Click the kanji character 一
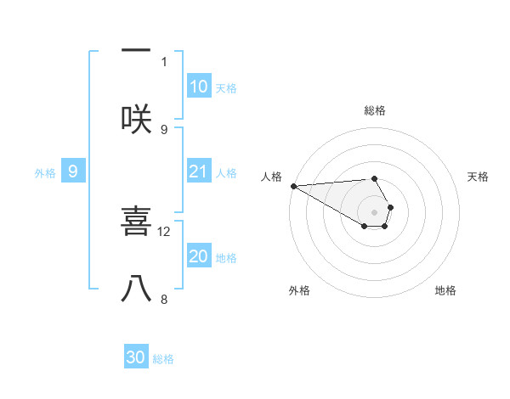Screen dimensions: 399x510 point(136,51)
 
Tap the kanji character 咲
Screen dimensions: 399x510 point(136,118)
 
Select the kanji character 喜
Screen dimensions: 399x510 point(136,223)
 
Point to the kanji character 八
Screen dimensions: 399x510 point(136,289)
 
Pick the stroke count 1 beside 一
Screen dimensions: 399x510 point(164,61)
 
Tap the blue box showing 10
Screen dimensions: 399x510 point(199,87)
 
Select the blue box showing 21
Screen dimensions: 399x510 point(199,172)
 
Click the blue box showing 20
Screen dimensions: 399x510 point(199,257)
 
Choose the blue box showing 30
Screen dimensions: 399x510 point(136,358)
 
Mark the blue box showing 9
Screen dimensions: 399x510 point(73,172)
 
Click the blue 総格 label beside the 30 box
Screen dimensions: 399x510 point(164,360)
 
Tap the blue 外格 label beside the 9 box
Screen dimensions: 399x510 point(45,173)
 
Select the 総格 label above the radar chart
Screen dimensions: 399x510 point(375,110)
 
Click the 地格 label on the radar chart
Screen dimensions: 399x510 point(445,291)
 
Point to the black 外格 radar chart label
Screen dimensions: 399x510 point(300,291)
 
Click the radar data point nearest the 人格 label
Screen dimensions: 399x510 point(293,186)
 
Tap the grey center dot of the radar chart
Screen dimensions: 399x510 point(375,211)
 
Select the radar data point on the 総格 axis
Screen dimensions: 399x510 point(375,178)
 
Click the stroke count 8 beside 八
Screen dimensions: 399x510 point(164,299)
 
